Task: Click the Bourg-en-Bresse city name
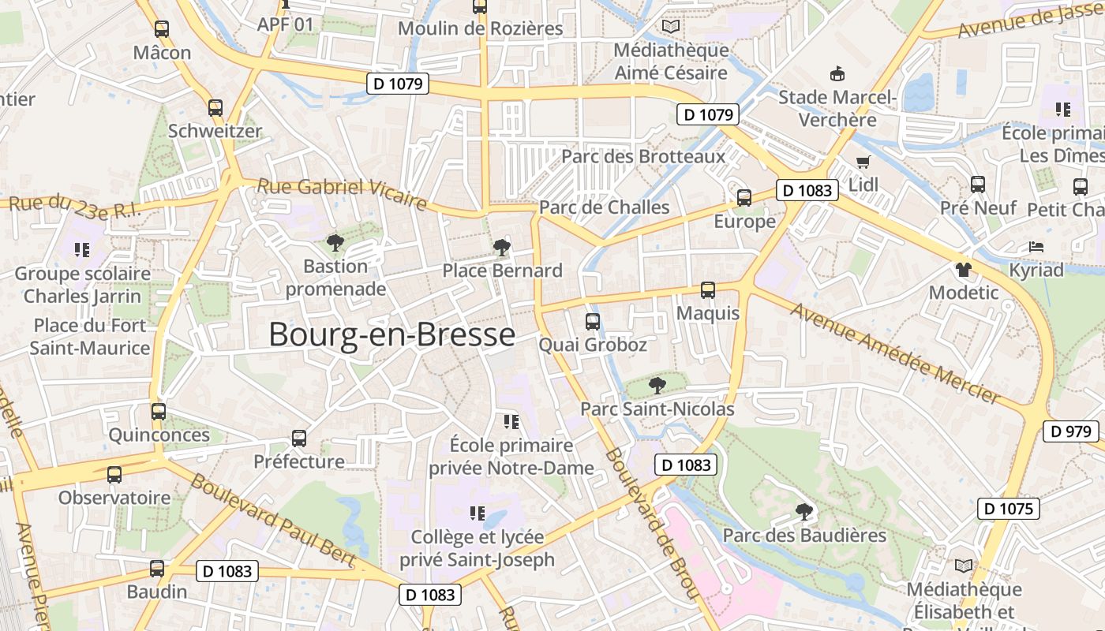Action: pyautogui.click(x=391, y=334)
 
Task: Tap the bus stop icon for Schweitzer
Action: pyautogui.click(x=215, y=108)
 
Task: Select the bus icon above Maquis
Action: pyautogui.click(x=708, y=290)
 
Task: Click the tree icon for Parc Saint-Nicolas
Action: pyautogui.click(x=656, y=386)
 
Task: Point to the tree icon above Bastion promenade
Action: pyautogui.click(x=335, y=243)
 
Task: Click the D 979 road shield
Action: pyautogui.click(x=1071, y=431)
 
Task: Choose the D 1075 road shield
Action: pyautogui.click(x=1009, y=509)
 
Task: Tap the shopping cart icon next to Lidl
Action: pyautogui.click(x=863, y=162)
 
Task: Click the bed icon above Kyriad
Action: pyautogui.click(x=1036, y=247)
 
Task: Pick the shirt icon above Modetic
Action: pyautogui.click(x=963, y=269)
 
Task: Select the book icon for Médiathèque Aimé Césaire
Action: pyautogui.click(x=671, y=27)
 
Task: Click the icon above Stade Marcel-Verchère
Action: pyautogui.click(x=837, y=74)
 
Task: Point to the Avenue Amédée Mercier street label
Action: pyautogui.click(x=895, y=352)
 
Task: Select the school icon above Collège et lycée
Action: pyautogui.click(x=477, y=513)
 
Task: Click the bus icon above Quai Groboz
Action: pyautogui.click(x=592, y=322)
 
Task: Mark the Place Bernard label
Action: pyautogui.click(x=502, y=271)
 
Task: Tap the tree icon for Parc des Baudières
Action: pyautogui.click(x=804, y=512)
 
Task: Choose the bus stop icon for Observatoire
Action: pyautogui.click(x=114, y=475)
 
